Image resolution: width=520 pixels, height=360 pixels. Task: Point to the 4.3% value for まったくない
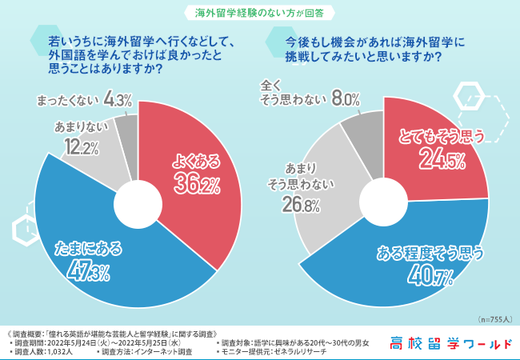click(118, 100)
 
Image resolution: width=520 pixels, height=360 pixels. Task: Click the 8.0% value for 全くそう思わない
click(345, 98)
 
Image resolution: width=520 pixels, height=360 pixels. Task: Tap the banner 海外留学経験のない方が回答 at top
click(259, 12)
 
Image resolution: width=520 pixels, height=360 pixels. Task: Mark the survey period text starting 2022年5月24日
click(104, 342)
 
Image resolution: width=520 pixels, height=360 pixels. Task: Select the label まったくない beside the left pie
click(67, 101)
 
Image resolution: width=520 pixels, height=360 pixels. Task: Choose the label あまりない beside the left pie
click(76, 127)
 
